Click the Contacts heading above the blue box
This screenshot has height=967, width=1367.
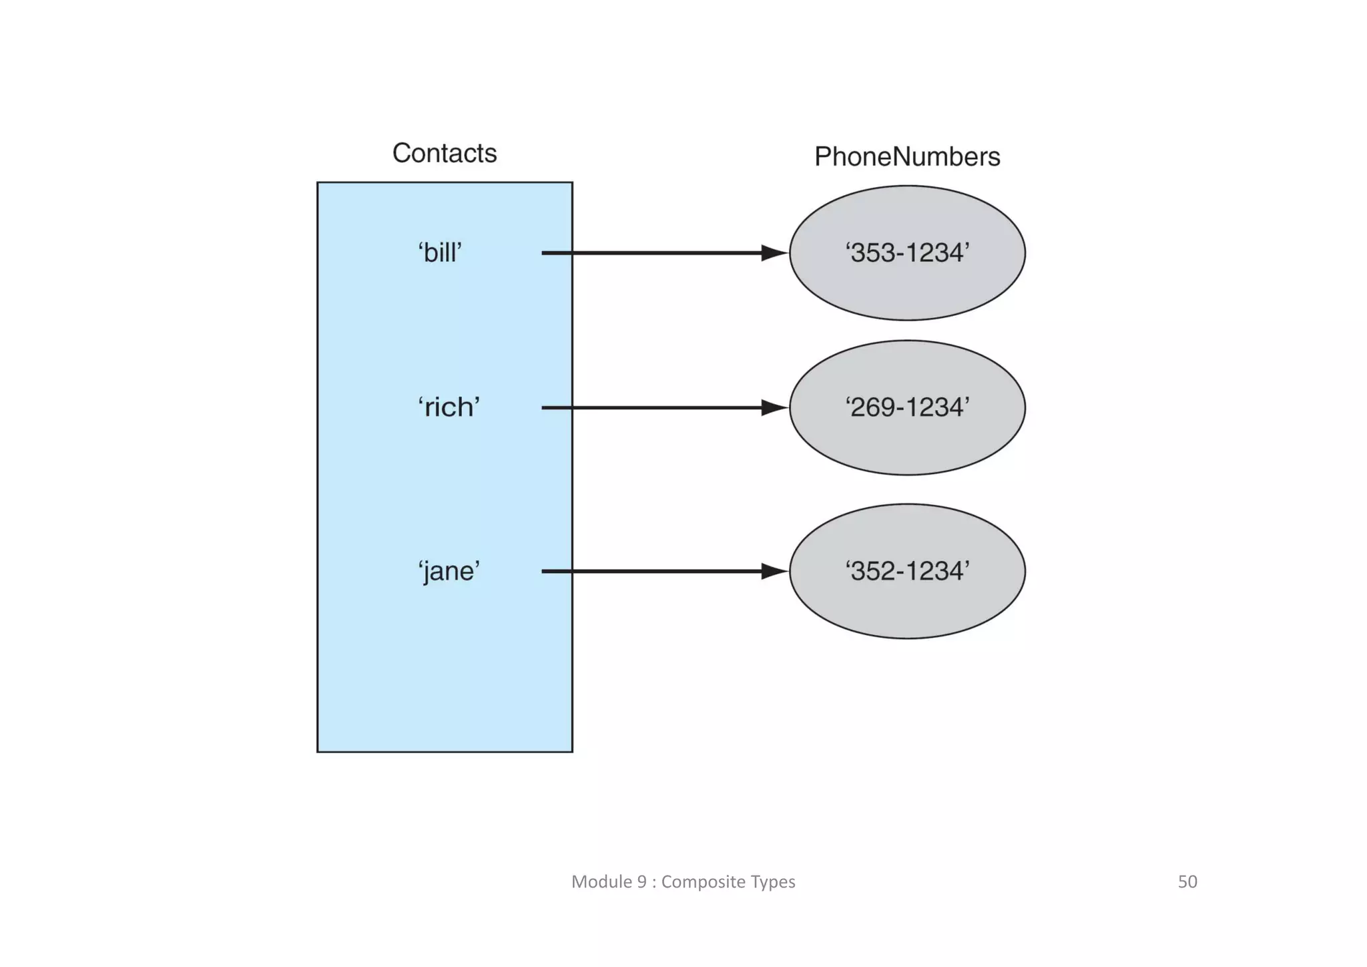[445, 154]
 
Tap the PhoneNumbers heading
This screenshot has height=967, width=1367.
[907, 157]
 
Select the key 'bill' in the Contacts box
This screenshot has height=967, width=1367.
[440, 253]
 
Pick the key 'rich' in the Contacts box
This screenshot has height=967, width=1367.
[449, 407]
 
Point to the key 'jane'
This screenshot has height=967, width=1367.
[449, 572]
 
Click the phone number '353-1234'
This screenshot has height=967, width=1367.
[907, 253]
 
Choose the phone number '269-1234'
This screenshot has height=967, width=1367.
[907, 407]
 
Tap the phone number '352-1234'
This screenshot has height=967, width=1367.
[907, 572]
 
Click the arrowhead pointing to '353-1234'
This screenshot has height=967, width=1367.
[774, 253]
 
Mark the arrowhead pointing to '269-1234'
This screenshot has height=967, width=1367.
[774, 407]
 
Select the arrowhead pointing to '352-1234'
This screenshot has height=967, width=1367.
[774, 572]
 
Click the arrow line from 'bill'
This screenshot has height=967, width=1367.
[654, 253]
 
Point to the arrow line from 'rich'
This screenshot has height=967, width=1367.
[654, 407]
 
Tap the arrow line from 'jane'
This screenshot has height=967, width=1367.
[654, 572]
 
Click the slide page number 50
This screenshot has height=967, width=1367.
[1187, 882]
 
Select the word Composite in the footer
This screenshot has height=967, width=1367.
[703, 882]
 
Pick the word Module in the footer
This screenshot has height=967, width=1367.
[601, 882]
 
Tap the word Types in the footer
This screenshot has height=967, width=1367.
[773, 882]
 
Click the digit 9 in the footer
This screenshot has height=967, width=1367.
[641, 882]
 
